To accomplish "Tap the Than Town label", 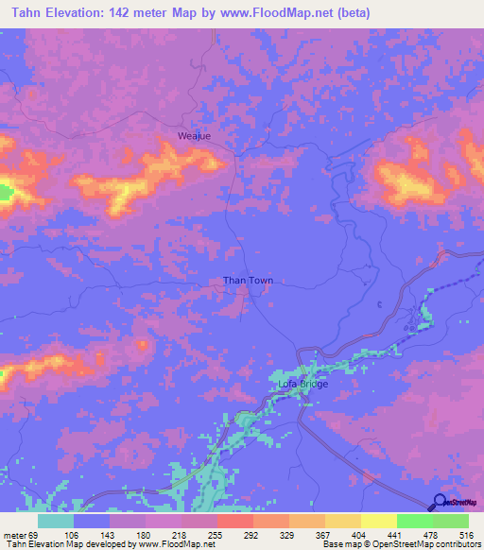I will pos(248,281).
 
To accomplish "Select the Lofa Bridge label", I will pos(301,385).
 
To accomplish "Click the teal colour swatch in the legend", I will pos(56,521).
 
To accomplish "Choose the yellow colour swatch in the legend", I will pos(379,521).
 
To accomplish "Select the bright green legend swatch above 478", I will pos(415,521).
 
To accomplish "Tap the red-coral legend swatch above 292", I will pos(235,521).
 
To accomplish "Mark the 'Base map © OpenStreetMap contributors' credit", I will pos(402,544).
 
